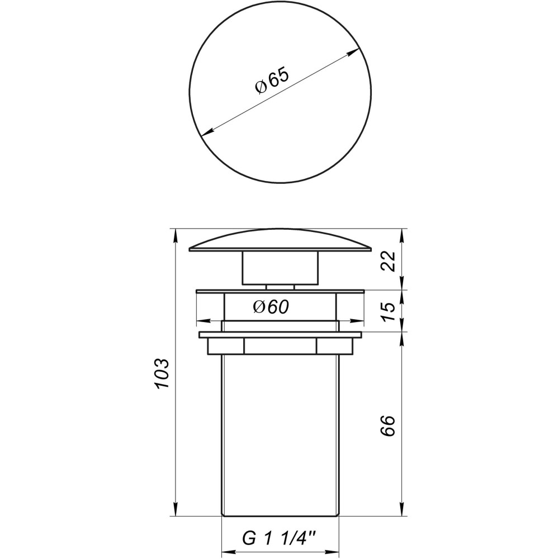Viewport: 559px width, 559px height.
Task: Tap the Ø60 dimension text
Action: (270, 307)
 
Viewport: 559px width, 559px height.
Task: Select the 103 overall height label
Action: (161, 374)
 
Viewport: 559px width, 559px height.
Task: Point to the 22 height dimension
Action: (390, 260)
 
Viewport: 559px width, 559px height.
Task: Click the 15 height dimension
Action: (390, 311)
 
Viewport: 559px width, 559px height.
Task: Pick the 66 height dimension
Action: (390, 426)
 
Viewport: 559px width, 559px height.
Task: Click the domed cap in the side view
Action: (279, 240)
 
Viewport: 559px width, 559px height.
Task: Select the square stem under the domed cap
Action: (279, 268)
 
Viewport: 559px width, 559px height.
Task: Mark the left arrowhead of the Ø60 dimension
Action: (201, 321)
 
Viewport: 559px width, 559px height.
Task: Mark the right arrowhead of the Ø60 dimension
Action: (359, 321)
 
